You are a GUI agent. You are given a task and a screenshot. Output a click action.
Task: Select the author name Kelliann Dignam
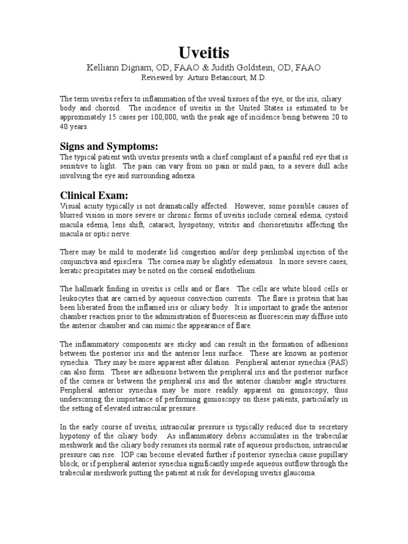pos(118,68)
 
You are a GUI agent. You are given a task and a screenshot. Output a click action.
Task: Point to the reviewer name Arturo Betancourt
pos(223,78)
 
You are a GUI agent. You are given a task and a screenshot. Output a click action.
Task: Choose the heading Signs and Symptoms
pos(109,146)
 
